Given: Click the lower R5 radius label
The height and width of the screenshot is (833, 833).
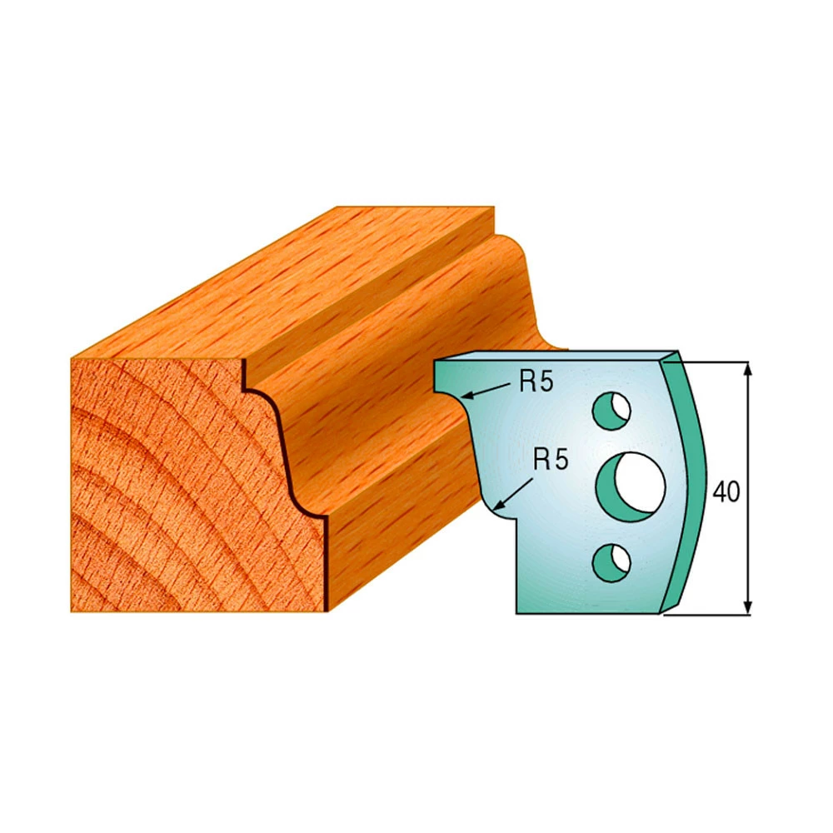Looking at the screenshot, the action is point(551,459).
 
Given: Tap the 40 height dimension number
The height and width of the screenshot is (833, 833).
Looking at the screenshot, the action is point(726,492).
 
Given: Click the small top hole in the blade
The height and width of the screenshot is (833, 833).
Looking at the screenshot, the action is point(611,411).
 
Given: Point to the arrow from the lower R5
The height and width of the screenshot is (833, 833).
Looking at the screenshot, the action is point(513,492).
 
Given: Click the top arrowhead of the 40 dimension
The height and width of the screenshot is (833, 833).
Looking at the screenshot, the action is point(748,369).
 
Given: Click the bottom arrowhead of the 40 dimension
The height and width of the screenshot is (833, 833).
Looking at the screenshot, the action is point(748,606).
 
